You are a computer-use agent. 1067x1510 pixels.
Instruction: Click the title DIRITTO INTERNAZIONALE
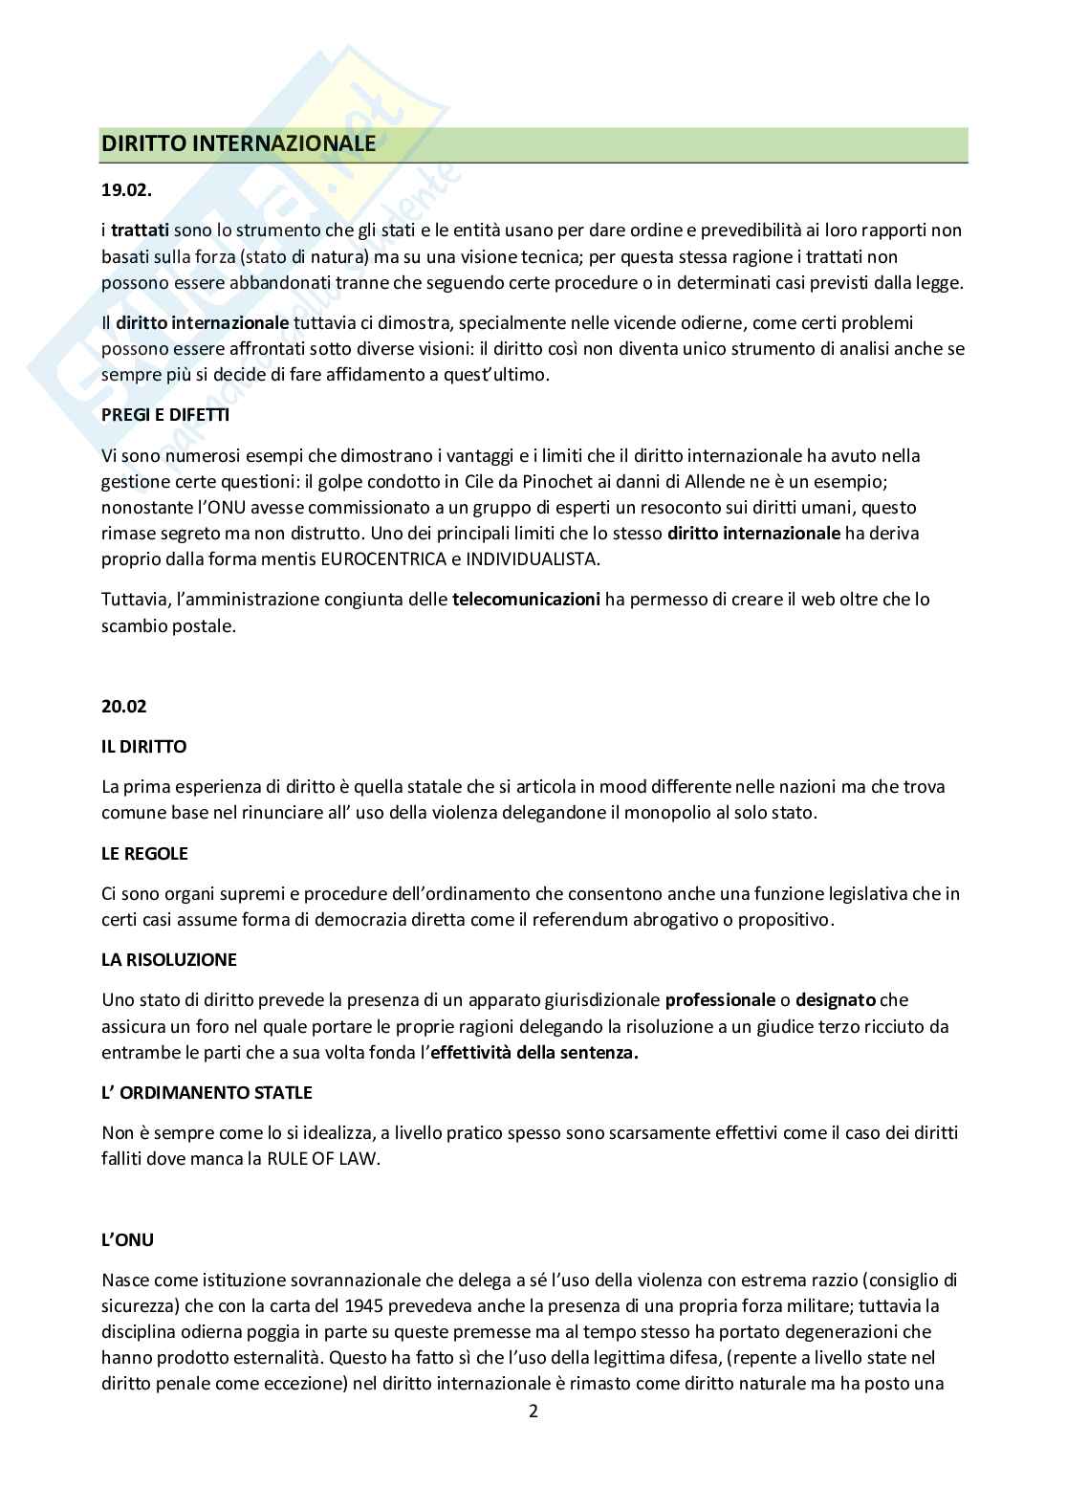[x=238, y=144]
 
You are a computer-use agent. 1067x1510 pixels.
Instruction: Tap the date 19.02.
[x=126, y=189]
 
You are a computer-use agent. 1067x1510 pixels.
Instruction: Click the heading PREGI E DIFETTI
[x=165, y=415]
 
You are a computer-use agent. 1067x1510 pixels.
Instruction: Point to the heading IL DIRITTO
[x=143, y=745]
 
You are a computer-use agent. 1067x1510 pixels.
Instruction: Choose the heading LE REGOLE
[x=144, y=852]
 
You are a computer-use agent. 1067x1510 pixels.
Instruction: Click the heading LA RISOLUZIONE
[x=169, y=959]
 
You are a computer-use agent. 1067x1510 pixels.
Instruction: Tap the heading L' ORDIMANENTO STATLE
[x=207, y=1092]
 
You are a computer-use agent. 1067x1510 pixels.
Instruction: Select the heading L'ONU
[x=127, y=1239]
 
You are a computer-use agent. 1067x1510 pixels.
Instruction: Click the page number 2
[x=533, y=1412]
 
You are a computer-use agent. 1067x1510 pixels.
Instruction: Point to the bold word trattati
[x=141, y=230]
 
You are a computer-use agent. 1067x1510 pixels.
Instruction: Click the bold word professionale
[x=720, y=1000]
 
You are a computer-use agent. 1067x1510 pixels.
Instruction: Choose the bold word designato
[x=836, y=1000]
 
